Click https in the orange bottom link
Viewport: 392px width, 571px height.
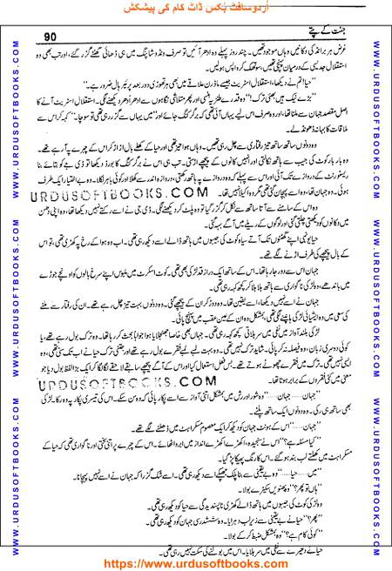[127, 561]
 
